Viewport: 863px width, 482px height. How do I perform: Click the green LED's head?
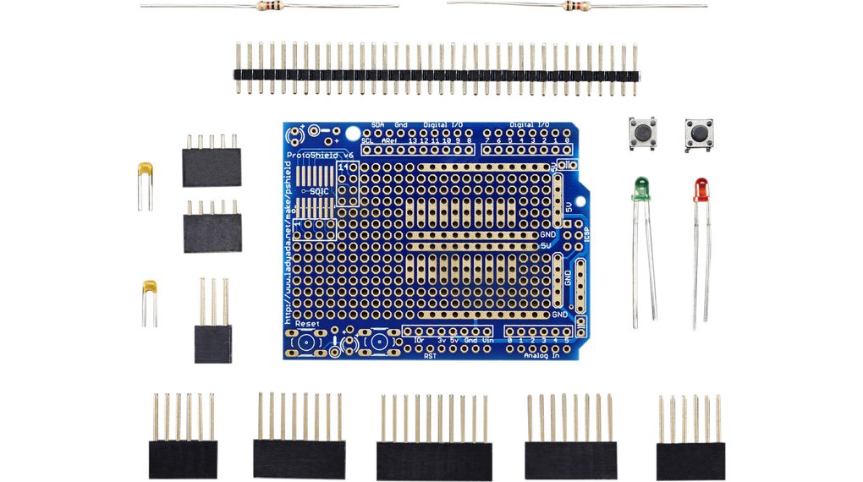pyautogui.click(x=640, y=188)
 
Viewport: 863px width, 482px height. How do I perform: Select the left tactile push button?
pyautogui.click(x=643, y=134)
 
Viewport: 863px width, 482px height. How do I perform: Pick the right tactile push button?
pyautogui.click(x=699, y=134)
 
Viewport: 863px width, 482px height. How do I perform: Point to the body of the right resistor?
pyautogui.click(x=574, y=7)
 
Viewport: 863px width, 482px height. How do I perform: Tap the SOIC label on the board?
pyautogui.click(x=320, y=192)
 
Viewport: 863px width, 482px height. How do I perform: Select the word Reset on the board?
pyautogui.click(x=307, y=324)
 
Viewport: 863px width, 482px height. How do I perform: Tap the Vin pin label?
pyautogui.click(x=488, y=340)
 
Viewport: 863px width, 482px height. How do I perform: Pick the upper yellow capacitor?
pyautogui.click(x=146, y=173)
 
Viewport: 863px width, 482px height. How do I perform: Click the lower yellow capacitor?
pyautogui.click(x=150, y=290)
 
